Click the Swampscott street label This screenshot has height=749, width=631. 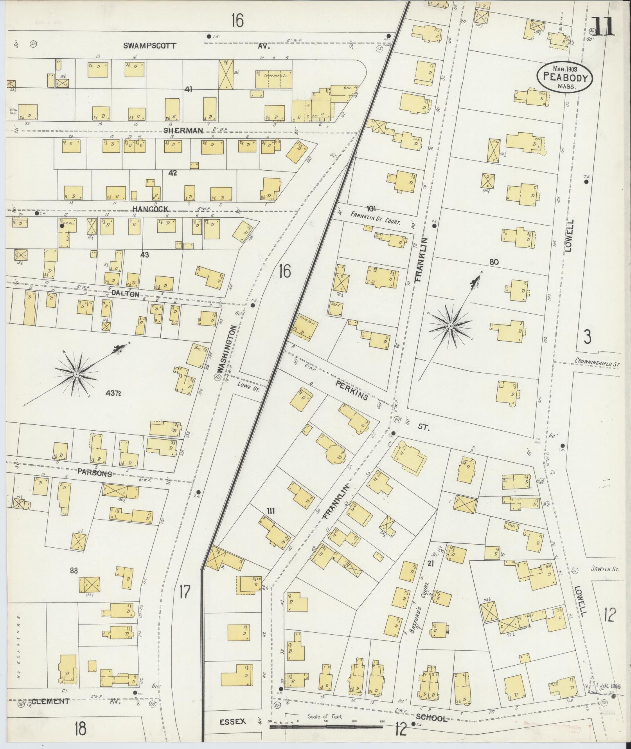click(x=150, y=45)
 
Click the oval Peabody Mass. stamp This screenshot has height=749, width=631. click(x=564, y=78)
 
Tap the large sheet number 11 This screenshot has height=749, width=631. click(x=603, y=26)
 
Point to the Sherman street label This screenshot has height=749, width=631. click(x=183, y=130)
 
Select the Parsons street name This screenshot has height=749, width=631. click(x=94, y=473)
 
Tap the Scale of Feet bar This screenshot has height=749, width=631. click(x=326, y=727)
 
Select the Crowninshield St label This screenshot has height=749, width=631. click(x=597, y=363)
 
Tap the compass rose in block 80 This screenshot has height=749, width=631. click(x=451, y=326)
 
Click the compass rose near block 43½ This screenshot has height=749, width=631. click(x=76, y=375)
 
